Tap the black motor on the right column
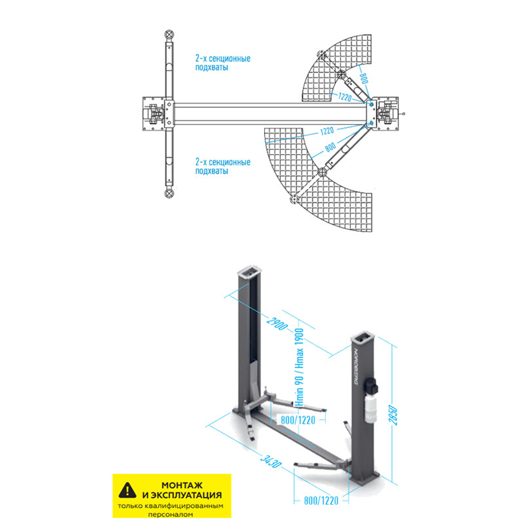pyautogui.click(x=373, y=386)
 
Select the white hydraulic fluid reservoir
pyautogui.click(x=370, y=409)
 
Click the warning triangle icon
pyautogui.click(x=127, y=490)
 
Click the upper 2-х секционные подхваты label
pyautogui.click(x=222, y=63)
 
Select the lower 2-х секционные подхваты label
pyautogui.click(x=222, y=167)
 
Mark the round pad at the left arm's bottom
pyautogui.click(x=169, y=193)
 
